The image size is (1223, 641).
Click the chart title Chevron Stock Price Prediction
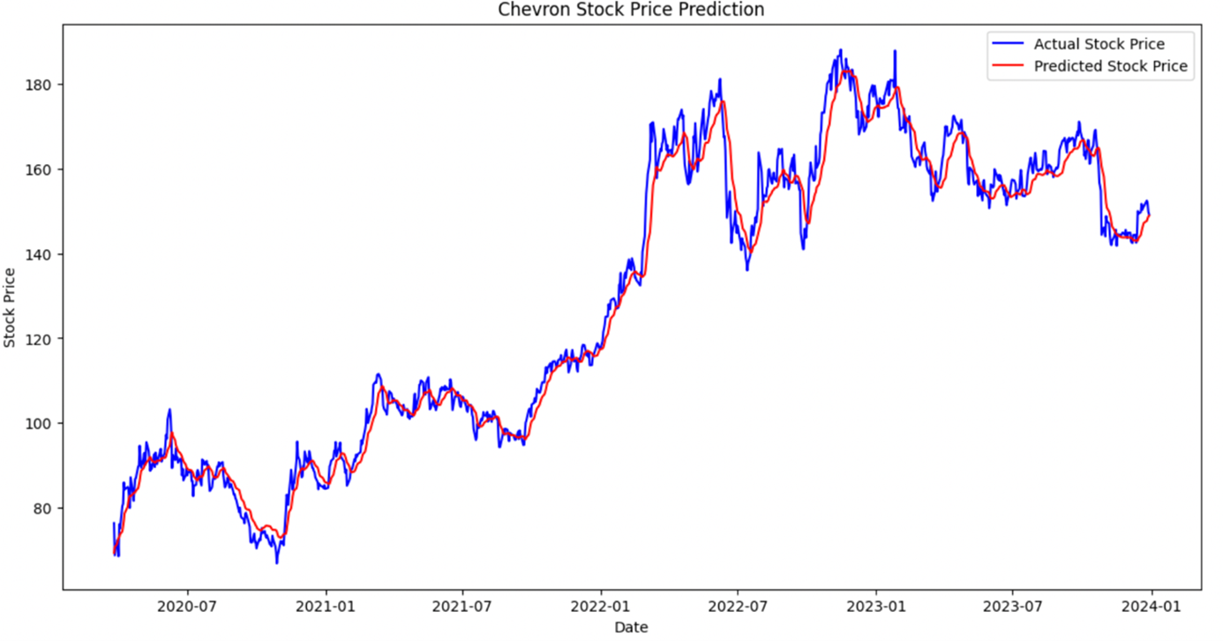631,10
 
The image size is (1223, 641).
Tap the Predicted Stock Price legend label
1110,66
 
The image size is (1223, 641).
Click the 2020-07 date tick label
189,607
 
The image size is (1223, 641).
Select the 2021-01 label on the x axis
326,607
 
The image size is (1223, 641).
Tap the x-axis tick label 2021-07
463,607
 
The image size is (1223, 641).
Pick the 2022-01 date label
601,607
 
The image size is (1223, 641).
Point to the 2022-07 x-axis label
738,607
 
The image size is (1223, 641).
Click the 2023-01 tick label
875,607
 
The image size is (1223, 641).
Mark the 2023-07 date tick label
1012,607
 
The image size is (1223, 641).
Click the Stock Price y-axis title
10,307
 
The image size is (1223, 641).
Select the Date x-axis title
631,628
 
